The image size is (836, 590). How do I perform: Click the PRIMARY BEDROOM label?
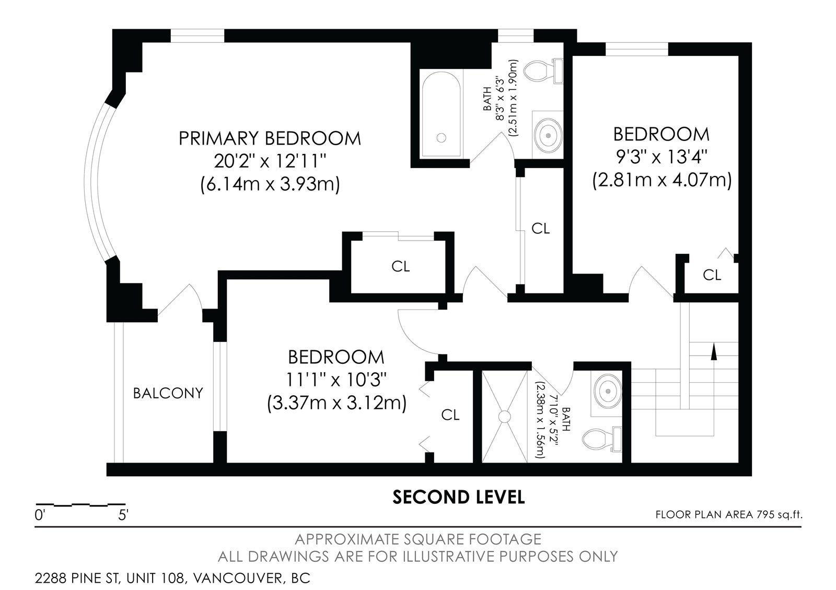[x=270, y=138]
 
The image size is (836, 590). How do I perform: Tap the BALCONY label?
[x=168, y=393]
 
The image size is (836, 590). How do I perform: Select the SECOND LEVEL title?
[x=459, y=497]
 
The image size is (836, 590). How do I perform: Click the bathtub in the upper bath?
[x=441, y=114]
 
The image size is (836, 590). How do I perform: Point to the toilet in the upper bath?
[x=543, y=71]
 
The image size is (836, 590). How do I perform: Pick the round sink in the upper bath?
[x=548, y=135]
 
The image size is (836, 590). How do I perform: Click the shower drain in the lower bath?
[x=505, y=417]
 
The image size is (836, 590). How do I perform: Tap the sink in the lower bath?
[x=608, y=391]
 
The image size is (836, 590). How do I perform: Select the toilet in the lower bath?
[x=602, y=439]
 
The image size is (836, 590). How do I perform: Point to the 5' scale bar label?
[x=123, y=515]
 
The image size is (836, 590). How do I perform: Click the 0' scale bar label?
[x=40, y=515]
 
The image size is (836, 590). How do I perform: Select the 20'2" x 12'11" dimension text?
[x=270, y=161]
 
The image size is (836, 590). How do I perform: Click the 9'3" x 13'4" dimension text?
[x=661, y=157]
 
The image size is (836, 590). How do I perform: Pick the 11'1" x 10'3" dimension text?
[x=336, y=380]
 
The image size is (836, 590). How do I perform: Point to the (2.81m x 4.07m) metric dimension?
[x=661, y=181]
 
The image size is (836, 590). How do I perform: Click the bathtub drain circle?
[x=441, y=138]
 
